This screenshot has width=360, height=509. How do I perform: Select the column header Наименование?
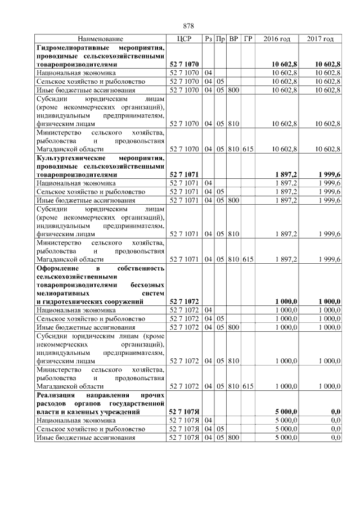pyautogui.click(x=101, y=39)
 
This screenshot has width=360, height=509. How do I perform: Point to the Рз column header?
pyautogui.click(x=208, y=39)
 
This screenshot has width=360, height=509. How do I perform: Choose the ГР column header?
pyautogui.click(x=248, y=39)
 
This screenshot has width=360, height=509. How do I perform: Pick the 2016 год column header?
pyautogui.click(x=277, y=39)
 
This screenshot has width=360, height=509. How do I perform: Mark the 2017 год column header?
pyautogui.click(x=320, y=39)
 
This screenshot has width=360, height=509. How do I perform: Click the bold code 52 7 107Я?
pyautogui.click(x=185, y=412)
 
